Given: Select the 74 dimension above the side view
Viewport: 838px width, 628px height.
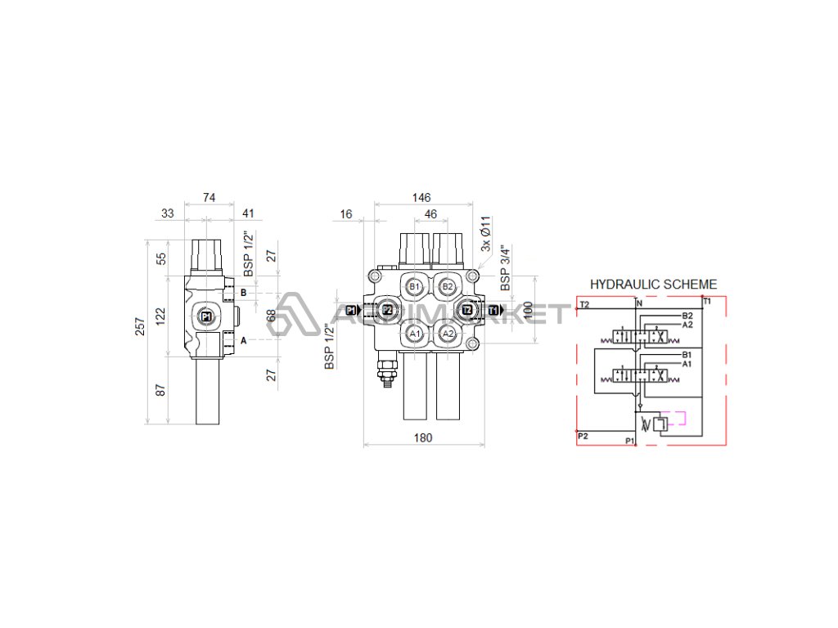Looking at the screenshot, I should [209, 198].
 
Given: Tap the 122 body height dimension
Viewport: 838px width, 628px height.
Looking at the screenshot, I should [161, 315].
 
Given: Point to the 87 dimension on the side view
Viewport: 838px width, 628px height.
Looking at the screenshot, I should [161, 390].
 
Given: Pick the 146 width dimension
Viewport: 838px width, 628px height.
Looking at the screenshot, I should [421, 198].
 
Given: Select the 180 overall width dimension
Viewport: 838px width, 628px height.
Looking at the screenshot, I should [422, 437].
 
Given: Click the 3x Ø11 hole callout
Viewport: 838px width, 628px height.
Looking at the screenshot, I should [485, 234].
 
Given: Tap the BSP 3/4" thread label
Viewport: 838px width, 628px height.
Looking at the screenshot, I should [506, 268].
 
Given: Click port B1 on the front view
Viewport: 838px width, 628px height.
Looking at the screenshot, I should [415, 286].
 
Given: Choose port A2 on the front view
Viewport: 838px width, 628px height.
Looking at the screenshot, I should [447, 334].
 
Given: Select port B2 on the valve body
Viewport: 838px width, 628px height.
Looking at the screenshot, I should [447, 286].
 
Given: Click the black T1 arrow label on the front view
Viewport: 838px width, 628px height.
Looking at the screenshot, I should [493, 310].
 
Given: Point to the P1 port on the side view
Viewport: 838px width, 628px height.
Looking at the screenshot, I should [205, 316].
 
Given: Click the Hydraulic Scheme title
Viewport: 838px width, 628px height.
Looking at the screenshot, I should [653, 285].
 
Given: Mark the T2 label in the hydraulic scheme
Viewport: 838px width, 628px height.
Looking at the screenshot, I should [583, 304].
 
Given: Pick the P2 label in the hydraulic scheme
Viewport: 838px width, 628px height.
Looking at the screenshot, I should [583, 436].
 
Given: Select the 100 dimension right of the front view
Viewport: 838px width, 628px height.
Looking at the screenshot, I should [528, 312].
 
